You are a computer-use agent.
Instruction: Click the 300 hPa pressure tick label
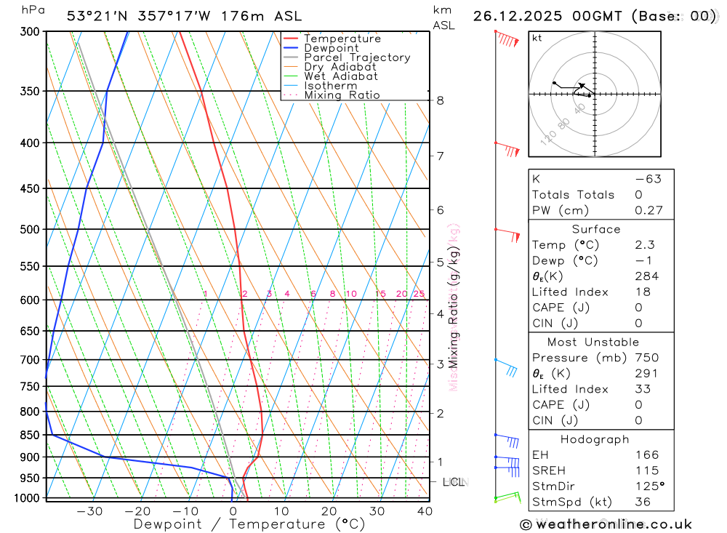click(x=31, y=32)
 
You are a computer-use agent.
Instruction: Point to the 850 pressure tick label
click(x=31, y=435)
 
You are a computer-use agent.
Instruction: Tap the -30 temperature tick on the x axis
click(x=89, y=511)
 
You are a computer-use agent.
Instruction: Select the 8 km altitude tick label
click(x=440, y=100)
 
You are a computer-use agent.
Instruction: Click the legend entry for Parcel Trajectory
click(x=357, y=57)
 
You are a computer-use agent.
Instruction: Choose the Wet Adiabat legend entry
click(x=341, y=76)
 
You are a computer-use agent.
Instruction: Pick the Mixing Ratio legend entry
click(x=342, y=95)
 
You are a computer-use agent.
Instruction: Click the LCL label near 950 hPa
click(x=454, y=482)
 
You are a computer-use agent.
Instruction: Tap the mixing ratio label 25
click(x=419, y=294)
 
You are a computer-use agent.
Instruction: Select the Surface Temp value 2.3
click(x=644, y=245)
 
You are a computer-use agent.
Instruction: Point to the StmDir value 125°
click(x=649, y=486)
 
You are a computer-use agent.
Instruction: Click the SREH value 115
click(x=646, y=470)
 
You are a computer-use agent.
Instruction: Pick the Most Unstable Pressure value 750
click(x=646, y=358)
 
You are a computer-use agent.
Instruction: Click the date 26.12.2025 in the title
click(x=521, y=16)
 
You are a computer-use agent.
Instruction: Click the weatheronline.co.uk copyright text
click(x=606, y=524)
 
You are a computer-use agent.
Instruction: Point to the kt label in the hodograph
click(x=537, y=38)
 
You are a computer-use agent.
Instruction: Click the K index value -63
click(x=648, y=179)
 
